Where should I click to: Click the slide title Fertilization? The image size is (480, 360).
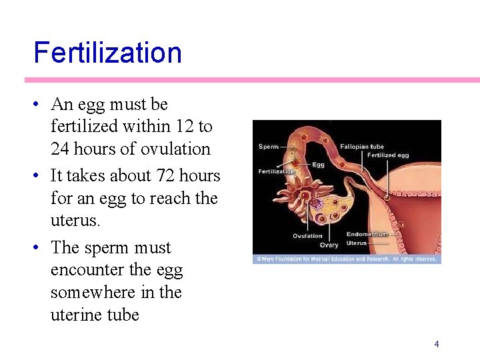pyautogui.click(x=107, y=53)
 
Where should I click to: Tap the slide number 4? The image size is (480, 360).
pyautogui.click(x=436, y=345)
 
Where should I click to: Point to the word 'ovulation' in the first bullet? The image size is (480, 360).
pyautogui.click(x=175, y=149)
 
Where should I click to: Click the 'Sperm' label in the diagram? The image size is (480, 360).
pyautogui.click(x=269, y=147)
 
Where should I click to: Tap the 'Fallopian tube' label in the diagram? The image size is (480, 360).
pyautogui.click(x=362, y=147)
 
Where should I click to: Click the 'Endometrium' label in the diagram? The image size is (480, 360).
pyautogui.click(x=367, y=234)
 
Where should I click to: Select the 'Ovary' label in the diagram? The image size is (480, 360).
pyautogui.click(x=329, y=245)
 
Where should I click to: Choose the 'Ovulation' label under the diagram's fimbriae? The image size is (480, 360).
pyautogui.click(x=307, y=236)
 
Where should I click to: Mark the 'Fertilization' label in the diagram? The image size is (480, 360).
pyautogui.click(x=276, y=172)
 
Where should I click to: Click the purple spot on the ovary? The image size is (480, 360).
pyautogui.click(x=319, y=203)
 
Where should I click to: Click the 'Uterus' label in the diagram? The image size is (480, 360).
pyautogui.click(x=357, y=243)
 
